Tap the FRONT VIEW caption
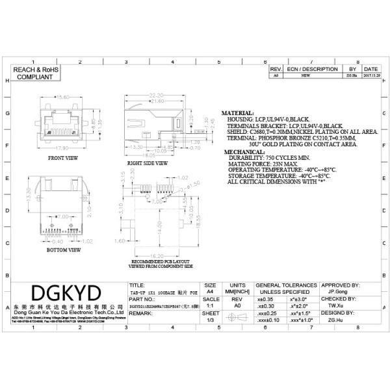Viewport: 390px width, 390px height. coord(64,157)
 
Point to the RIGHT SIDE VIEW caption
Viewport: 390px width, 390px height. coord(148,162)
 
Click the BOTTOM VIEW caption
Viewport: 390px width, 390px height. coord(64,249)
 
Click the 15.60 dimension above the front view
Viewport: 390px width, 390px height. coord(64,97)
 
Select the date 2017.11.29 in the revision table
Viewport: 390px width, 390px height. coord(370,75)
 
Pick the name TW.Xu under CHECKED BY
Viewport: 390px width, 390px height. coord(335,305)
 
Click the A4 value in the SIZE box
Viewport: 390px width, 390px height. coord(210,292)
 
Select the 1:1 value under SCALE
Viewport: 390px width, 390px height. coord(210,305)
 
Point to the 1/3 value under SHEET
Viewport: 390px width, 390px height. coord(210,320)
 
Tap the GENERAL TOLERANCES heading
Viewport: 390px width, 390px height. coord(286,285)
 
